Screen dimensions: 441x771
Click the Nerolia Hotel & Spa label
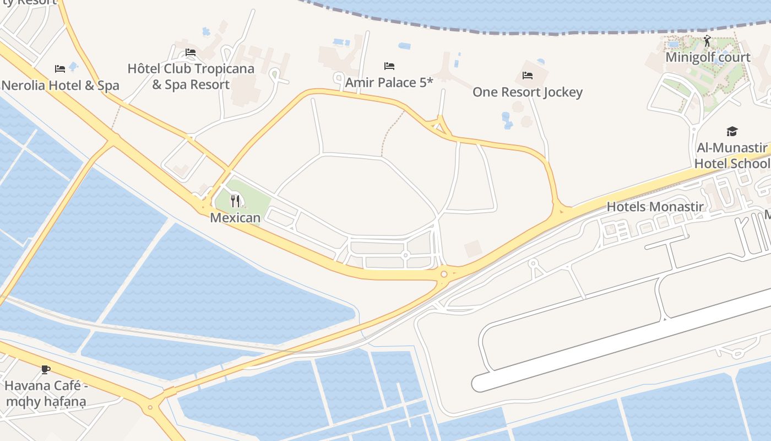[60, 85]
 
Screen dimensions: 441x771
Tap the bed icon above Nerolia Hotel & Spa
[60, 69]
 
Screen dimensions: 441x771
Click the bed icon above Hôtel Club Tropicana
[191, 52]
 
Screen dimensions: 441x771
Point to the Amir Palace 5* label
[389, 83]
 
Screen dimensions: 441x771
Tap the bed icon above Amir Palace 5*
[389, 66]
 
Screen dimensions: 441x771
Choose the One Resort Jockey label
[527, 92]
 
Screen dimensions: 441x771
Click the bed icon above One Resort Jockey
[528, 75]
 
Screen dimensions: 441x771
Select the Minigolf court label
[708, 57]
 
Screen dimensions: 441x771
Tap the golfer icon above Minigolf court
[708, 41]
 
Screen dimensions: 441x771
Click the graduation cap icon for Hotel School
[732, 131]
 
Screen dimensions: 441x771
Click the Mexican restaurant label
[235, 217]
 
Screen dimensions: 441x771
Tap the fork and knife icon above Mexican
[235, 201]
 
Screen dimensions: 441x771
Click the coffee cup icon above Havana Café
[46, 369]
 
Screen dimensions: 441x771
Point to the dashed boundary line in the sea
[551, 32]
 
